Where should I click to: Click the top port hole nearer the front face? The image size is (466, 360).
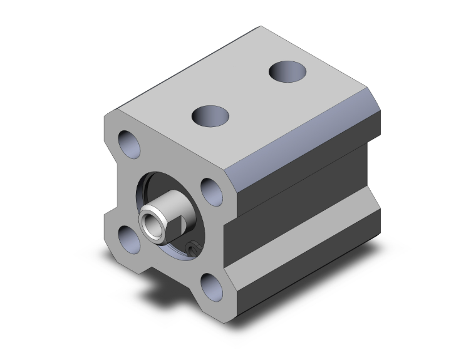click(x=210, y=116)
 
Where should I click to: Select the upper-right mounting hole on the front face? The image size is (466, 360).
click(x=211, y=190)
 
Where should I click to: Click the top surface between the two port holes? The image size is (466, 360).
click(x=251, y=94)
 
